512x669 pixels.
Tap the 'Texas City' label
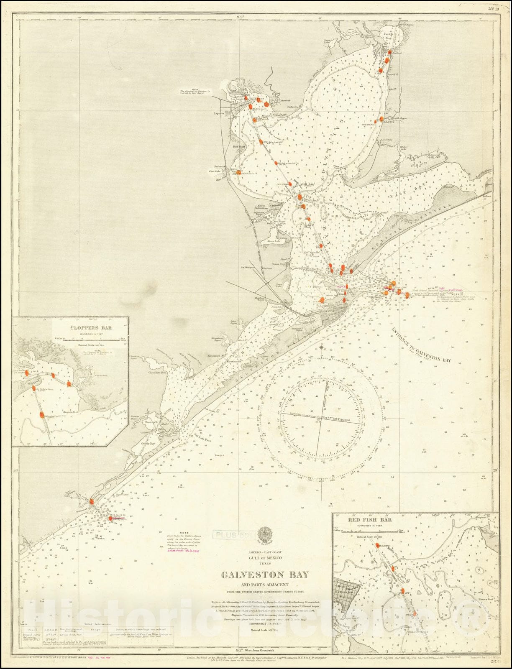[x=287, y=264]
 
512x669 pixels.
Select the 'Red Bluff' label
[x=239, y=148]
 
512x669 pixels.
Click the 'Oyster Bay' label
[x=147, y=443]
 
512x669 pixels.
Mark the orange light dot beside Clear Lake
[x=238, y=172]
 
